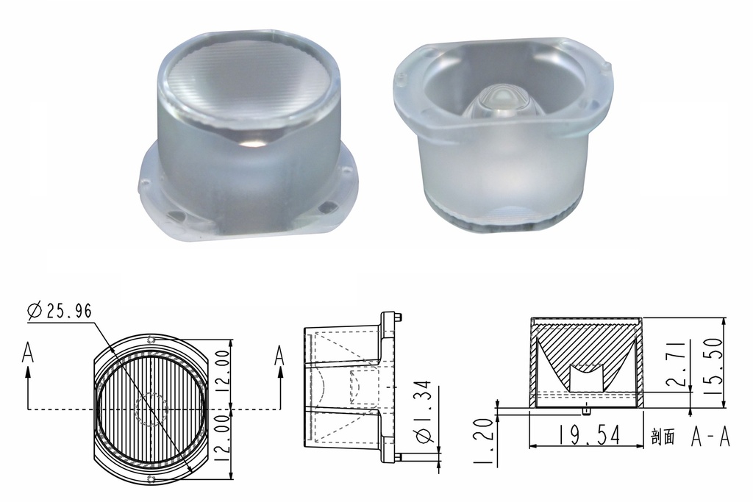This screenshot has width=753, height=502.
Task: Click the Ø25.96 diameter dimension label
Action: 60,312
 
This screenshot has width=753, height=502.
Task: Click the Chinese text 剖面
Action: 663,438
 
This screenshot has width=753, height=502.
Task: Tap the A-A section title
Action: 710,437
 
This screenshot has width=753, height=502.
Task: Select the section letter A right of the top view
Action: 279,355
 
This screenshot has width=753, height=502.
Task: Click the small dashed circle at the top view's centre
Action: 153,408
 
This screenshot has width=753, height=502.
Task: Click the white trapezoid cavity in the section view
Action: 587,378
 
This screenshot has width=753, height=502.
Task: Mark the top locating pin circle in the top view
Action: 151,340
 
